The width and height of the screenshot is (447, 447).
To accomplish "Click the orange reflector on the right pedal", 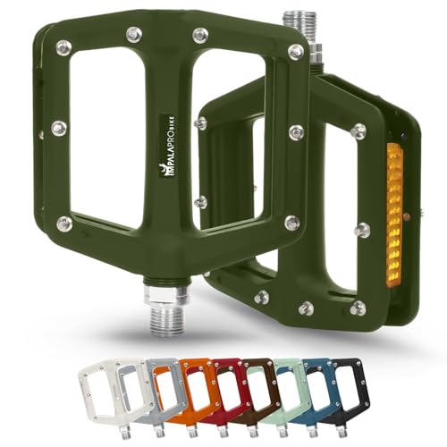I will click(393, 215).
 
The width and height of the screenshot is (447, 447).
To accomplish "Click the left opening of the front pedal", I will click(107, 130).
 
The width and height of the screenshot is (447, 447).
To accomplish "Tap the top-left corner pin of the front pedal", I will click(64, 47).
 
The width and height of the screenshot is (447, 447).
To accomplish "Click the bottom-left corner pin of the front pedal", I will click(63, 223).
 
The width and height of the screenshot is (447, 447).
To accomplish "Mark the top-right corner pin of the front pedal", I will click(296, 51).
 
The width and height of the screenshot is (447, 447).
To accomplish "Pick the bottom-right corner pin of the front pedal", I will click(291, 222).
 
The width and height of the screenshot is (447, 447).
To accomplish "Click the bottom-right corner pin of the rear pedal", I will click(358, 307).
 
